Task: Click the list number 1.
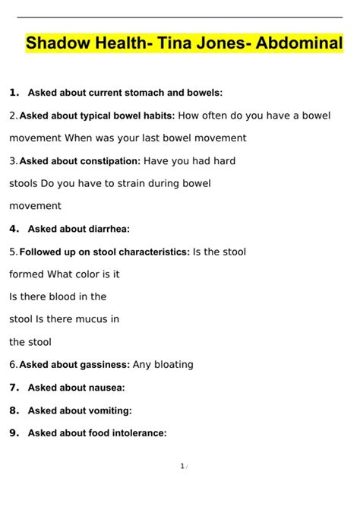14,93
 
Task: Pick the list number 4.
14,228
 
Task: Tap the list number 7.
14,387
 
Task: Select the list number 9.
14,433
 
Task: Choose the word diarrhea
106,229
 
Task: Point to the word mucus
103,319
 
